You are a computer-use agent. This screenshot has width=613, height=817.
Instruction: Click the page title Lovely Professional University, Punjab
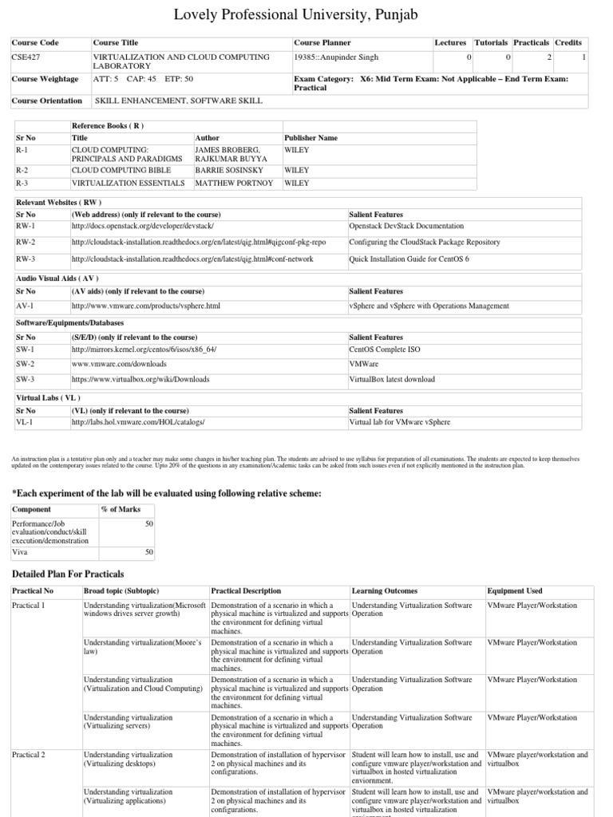click(x=306, y=14)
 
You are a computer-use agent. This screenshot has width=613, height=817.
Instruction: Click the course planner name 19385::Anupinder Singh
click(x=336, y=57)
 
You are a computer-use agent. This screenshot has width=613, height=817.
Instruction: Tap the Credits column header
click(x=568, y=42)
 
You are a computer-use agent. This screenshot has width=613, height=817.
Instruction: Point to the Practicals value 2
click(x=548, y=57)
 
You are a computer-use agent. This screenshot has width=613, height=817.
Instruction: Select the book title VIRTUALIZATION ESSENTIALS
click(x=127, y=183)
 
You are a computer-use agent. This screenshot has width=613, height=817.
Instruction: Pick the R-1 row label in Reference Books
click(x=23, y=149)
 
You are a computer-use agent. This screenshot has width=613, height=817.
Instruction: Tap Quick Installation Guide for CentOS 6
click(x=408, y=259)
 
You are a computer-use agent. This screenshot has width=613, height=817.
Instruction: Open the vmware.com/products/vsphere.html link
click(x=145, y=306)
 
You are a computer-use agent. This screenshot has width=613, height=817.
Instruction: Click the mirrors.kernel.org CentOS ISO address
click(x=144, y=349)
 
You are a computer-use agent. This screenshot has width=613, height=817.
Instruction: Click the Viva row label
click(x=20, y=551)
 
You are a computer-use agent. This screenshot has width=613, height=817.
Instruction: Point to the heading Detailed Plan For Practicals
click(x=68, y=574)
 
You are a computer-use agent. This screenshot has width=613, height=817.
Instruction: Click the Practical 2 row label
click(x=28, y=754)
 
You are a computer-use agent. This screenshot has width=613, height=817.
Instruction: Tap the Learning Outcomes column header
click(x=384, y=591)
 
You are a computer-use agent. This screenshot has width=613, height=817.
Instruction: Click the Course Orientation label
click(x=47, y=101)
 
